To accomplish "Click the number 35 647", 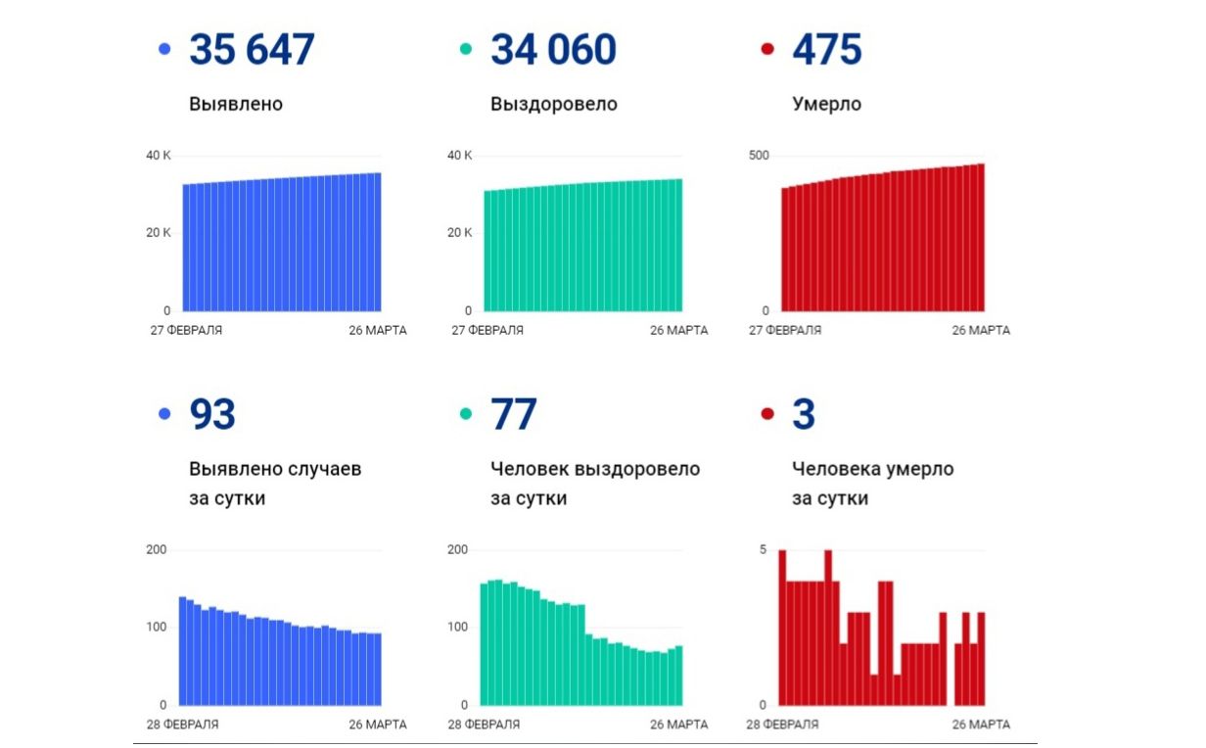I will (x=252, y=50).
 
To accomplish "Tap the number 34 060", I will (x=553, y=50).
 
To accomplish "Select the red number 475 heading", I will (x=826, y=50).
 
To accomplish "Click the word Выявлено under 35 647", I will (x=236, y=104).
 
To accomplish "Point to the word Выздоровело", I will (x=554, y=104).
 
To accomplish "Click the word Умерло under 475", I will (x=826, y=104).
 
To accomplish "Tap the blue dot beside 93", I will (x=164, y=415).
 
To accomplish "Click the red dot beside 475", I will (x=767, y=49).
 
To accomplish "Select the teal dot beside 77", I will (x=466, y=415).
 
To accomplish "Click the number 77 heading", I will (x=514, y=415).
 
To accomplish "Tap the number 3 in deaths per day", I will (x=804, y=415).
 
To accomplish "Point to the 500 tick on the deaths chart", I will (x=760, y=156).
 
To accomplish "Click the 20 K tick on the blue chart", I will (x=159, y=233).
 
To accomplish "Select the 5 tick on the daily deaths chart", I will (x=763, y=549).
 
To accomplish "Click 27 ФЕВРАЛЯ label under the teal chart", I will (x=487, y=330).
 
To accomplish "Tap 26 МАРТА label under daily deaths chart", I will (x=981, y=725).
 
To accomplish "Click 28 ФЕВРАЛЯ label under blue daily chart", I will (x=182, y=725).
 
